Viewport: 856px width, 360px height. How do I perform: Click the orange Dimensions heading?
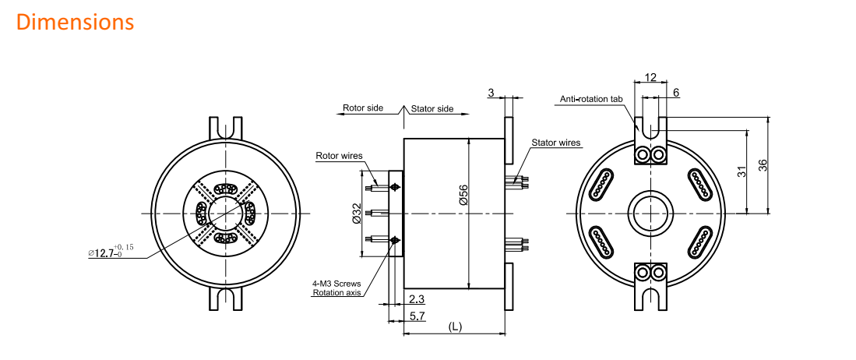75,22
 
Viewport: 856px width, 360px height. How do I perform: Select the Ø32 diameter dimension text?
358,214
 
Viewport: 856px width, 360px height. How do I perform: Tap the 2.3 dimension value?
416,299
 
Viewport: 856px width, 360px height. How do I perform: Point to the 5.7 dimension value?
417,316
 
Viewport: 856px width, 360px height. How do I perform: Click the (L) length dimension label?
455,327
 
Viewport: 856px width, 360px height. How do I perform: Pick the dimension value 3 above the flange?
491,94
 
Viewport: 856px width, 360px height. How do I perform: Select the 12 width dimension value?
650,78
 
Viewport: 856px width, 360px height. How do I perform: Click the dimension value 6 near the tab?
675,93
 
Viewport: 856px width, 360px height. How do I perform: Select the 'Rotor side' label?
363,108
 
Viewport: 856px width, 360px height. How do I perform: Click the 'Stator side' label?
432,108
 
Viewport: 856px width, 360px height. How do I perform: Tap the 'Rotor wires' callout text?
340,156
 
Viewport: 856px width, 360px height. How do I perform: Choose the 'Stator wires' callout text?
556,143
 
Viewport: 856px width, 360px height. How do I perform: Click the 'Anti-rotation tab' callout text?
592,99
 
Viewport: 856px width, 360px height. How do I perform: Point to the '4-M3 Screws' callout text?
336,284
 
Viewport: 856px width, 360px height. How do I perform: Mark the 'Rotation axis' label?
336,293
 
